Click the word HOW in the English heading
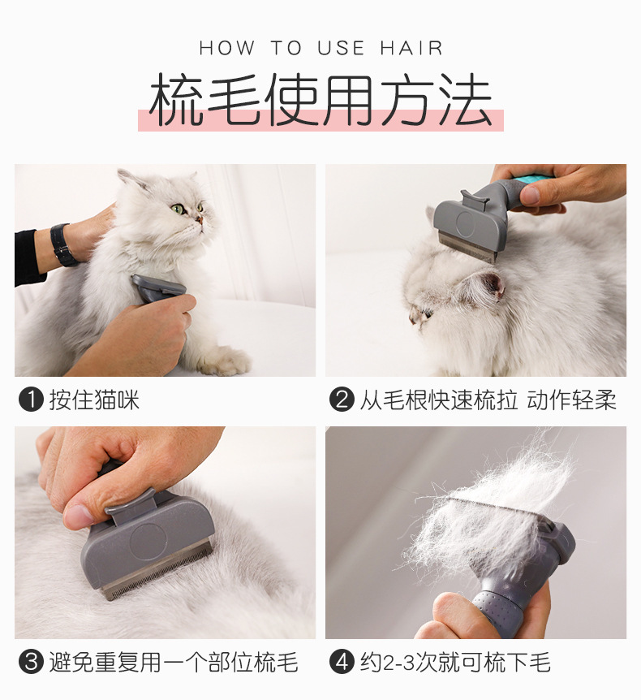pos(227,48)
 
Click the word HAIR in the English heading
pos(411,48)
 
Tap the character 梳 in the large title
pos(176,100)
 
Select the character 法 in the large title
pos(465,100)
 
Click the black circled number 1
pos(31,400)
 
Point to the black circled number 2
pos(342,400)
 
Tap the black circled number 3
pos(31,662)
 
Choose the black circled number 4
pos(342,662)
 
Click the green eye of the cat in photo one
pos(178,209)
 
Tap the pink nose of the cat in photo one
pos(200,219)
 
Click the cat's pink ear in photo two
pos(493,286)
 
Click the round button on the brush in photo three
pos(148,541)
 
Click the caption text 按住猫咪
pos(94,400)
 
